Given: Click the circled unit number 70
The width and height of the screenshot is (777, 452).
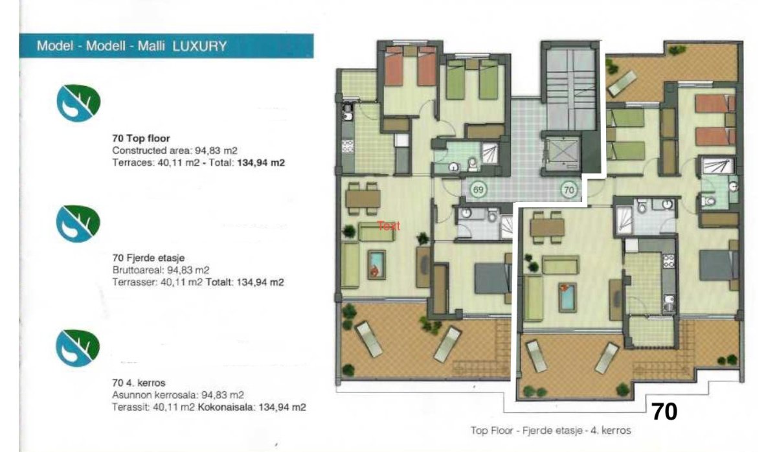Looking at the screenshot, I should [x=569, y=190].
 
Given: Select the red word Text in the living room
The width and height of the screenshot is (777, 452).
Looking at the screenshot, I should [x=388, y=226].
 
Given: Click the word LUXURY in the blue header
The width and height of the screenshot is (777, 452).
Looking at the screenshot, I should [x=199, y=47].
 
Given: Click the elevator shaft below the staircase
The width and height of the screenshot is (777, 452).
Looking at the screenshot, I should [x=562, y=153].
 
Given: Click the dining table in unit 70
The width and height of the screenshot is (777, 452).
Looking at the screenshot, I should [x=547, y=227].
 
